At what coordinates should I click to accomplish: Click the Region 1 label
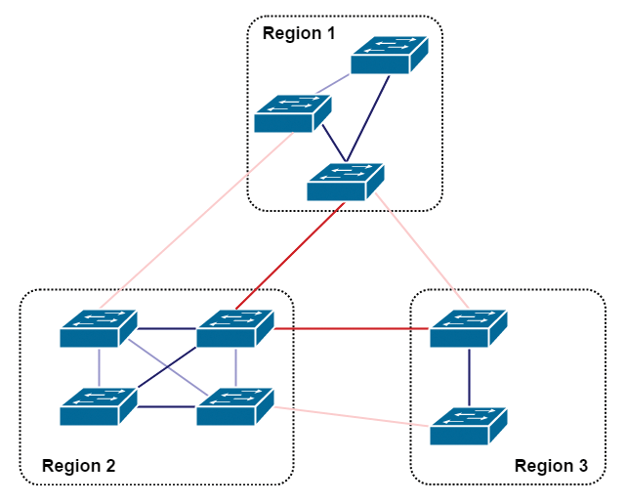(299, 33)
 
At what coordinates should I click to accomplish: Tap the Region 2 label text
(78, 466)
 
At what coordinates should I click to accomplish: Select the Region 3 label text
(551, 466)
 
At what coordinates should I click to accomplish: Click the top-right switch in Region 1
(390, 56)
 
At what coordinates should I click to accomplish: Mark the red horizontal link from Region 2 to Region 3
(352, 329)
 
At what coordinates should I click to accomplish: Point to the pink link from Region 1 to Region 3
(420, 249)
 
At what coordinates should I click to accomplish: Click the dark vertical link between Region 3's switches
(469, 377)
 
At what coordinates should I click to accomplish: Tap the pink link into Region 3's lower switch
(352, 416)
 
